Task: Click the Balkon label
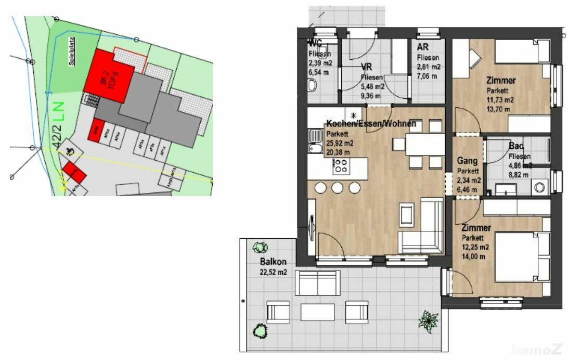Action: click(273, 262)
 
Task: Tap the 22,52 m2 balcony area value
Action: click(274, 272)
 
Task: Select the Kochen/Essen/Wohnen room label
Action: click(370, 124)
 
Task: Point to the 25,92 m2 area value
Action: click(340, 143)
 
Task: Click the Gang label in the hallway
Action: click(467, 161)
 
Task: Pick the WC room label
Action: click(315, 43)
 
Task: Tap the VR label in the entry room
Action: click(368, 68)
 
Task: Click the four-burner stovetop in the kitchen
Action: click(341, 166)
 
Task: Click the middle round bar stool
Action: click(338, 187)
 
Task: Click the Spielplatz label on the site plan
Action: click(72, 50)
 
